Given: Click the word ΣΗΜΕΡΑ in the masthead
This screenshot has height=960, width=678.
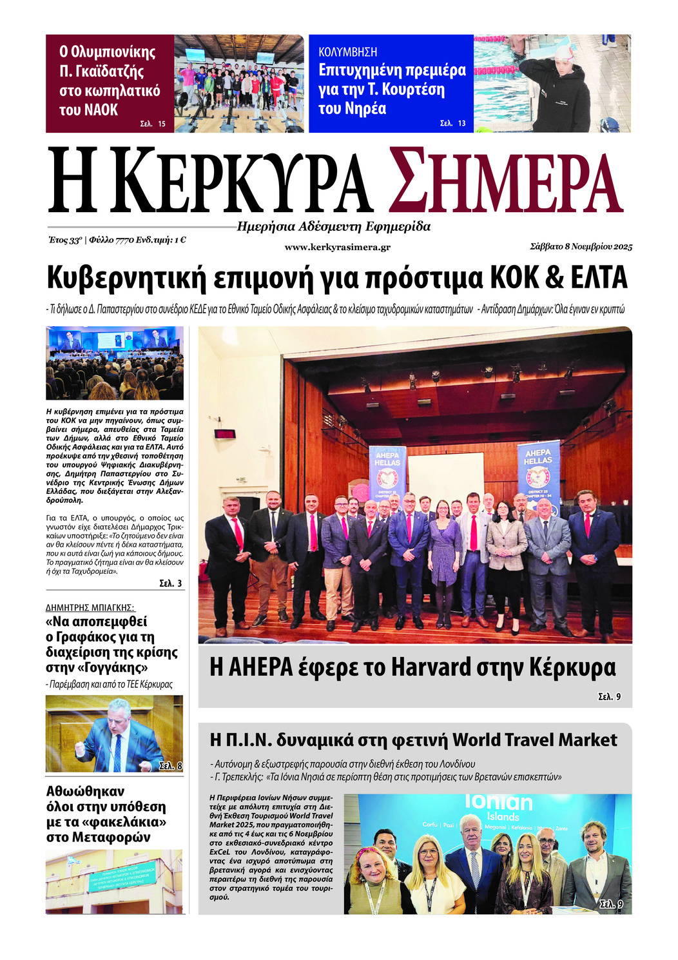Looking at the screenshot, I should click(x=506, y=182).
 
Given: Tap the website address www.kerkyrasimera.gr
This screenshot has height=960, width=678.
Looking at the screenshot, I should click(x=337, y=247).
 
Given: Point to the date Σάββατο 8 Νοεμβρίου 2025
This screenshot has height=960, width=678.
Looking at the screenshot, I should click(x=581, y=246).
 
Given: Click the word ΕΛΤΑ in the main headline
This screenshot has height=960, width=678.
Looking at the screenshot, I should click(x=599, y=279).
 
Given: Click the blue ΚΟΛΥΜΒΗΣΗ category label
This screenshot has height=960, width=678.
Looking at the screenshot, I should click(x=348, y=52).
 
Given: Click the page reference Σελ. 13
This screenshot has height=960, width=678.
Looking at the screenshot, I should click(x=452, y=123).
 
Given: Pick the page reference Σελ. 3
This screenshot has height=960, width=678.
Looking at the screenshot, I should click(x=170, y=583).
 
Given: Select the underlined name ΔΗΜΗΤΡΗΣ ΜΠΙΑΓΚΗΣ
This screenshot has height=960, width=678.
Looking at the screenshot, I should click(x=90, y=607).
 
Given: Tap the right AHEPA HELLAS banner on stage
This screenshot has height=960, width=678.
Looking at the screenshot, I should click(x=538, y=474).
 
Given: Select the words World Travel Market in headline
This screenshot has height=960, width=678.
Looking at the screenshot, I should click(x=534, y=740).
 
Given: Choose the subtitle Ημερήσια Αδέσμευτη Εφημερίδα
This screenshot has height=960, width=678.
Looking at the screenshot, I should click(x=333, y=226).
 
